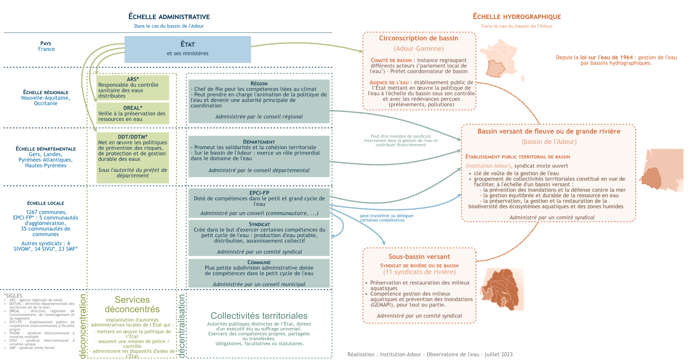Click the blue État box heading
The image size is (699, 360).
point(187,44)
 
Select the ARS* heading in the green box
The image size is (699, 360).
point(133,79)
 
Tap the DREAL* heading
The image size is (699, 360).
point(133,108)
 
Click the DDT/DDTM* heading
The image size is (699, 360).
point(133,137)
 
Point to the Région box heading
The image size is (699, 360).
point(259,83)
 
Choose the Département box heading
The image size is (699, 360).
point(259,142)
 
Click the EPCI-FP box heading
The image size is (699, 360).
point(259,193)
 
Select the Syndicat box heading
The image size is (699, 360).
point(259,224)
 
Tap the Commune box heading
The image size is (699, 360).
point(259,262)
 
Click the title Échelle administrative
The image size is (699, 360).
point(169,17)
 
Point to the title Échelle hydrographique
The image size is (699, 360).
point(517,17)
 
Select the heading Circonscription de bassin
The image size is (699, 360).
point(419,38)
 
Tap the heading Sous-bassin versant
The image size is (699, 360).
point(419,257)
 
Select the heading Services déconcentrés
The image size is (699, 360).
point(132,305)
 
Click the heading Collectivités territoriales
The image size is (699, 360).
point(259,316)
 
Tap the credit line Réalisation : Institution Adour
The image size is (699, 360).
point(430,354)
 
